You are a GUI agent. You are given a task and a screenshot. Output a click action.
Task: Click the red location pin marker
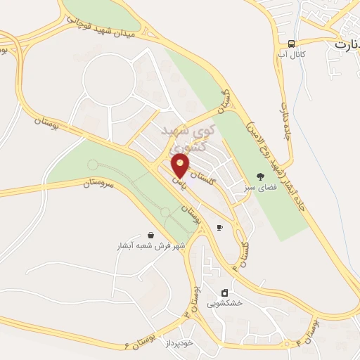[181, 166]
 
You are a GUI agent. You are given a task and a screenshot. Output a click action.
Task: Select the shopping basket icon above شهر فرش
[150, 236]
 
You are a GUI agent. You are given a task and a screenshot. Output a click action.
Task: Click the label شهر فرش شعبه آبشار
[150, 247]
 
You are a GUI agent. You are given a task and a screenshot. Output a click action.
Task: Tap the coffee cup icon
[220, 228]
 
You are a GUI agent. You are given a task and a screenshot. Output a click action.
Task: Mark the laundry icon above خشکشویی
[224, 292]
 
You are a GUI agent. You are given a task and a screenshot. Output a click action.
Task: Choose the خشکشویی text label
[224, 303]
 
